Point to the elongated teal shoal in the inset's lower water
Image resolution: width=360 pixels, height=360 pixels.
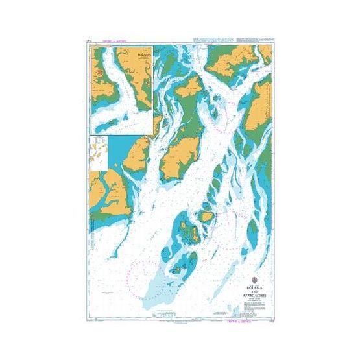[x=120, y=121]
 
